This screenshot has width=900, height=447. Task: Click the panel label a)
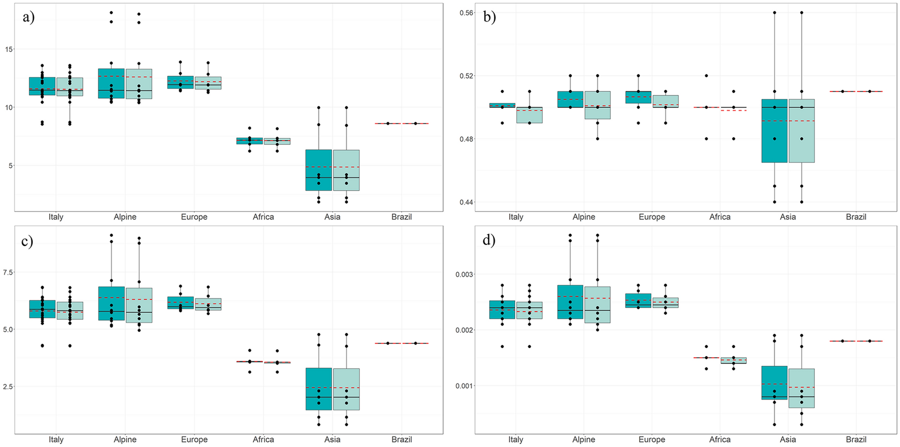coord(28,17)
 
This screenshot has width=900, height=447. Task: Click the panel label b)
coord(489,17)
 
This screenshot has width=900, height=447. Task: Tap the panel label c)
coord(27,241)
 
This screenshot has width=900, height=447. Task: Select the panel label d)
coord(489,240)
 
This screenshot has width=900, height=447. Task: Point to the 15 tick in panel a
coord(9,49)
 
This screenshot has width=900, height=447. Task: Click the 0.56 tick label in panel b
coord(466,13)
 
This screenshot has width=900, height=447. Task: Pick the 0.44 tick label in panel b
coord(466,202)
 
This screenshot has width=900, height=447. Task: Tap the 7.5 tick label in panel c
coord(8,272)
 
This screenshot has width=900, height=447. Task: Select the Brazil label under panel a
coord(401,217)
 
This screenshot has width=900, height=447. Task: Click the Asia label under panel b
coord(788,217)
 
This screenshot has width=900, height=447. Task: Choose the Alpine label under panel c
coord(125,439)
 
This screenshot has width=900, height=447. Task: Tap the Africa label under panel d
coord(720,439)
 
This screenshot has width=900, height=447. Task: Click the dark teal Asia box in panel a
coord(318,170)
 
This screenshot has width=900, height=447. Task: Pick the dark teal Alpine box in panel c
coord(111,304)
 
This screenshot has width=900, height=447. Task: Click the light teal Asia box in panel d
coord(802,388)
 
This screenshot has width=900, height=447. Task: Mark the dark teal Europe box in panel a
coord(180,82)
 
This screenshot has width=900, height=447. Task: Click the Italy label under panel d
coord(516,439)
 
